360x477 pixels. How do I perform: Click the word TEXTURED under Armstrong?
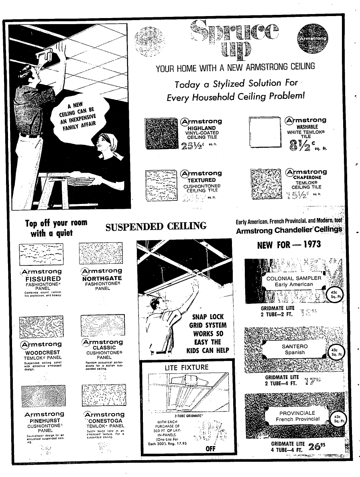[201, 180]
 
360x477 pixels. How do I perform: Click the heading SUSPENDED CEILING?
[156, 227]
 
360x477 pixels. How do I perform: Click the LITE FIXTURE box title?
[187, 367]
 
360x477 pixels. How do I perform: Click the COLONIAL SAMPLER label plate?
[294, 281]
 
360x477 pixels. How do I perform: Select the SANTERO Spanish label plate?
[295, 349]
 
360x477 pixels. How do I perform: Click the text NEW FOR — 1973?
[289, 245]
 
